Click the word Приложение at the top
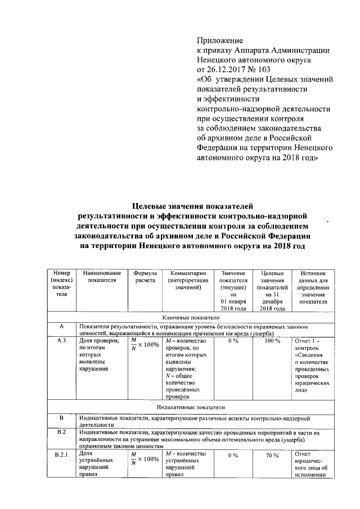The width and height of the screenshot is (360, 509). click(219, 40)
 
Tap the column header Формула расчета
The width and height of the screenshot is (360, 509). click(145, 276)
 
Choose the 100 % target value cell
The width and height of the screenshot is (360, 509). click(272, 341)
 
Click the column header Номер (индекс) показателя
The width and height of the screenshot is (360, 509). click(61, 283)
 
